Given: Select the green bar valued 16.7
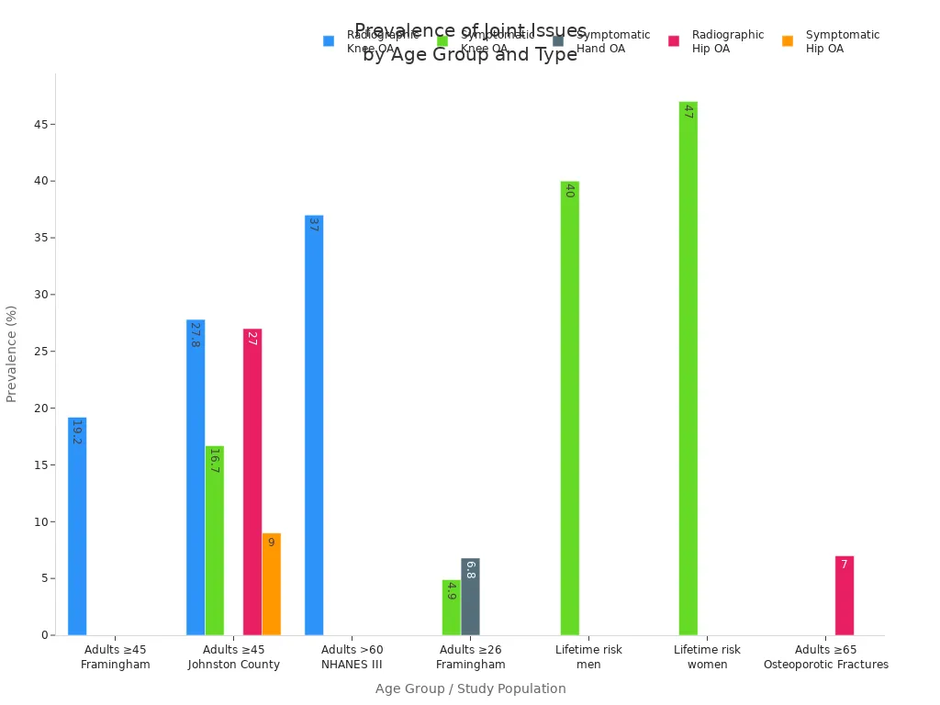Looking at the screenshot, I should pyautogui.click(x=215, y=541).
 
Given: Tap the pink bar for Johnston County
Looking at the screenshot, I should pyautogui.click(x=252, y=482).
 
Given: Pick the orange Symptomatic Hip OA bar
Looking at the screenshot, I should pyautogui.click(x=271, y=584).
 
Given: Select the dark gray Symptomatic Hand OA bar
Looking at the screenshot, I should pyautogui.click(x=470, y=597).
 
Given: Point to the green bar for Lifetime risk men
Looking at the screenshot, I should pyautogui.click(x=570, y=408).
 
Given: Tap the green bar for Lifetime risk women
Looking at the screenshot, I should pyautogui.click(x=688, y=368).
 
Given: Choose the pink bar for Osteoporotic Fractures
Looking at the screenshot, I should pyautogui.click(x=845, y=596).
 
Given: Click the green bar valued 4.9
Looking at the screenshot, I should pyautogui.click(x=451, y=608).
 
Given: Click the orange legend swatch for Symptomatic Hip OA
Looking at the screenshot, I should pyautogui.click(x=788, y=41).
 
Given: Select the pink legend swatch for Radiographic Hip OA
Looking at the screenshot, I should pyautogui.click(x=674, y=41).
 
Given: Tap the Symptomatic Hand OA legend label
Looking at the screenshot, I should pyautogui.click(x=613, y=41).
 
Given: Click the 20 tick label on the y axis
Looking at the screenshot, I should pyautogui.click(x=39, y=408).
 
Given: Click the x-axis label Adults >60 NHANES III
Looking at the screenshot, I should pyautogui.click(x=352, y=657).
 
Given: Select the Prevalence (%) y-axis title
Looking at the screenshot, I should pyautogui.click(x=12, y=353).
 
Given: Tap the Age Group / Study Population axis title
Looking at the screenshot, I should pyautogui.click(x=470, y=689).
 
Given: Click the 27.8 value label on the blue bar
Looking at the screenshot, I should pyautogui.click(x=195, y=334).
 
